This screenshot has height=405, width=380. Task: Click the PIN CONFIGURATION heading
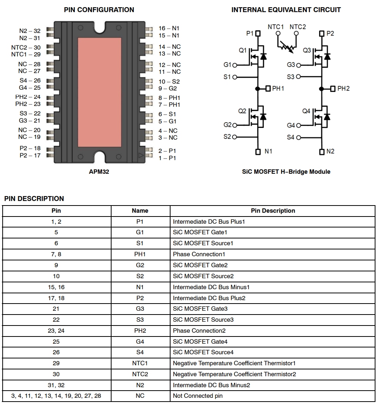[99, 10]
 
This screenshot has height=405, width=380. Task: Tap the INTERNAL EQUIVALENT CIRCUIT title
[286, 10]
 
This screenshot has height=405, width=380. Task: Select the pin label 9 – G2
[168, 89]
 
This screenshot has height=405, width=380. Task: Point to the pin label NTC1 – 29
[26, 55]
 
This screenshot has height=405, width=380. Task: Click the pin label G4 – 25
[30, 87]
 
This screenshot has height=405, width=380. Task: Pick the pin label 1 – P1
[167, 158]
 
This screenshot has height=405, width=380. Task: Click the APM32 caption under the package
[99, 172]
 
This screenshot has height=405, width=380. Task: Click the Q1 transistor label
[243, 50]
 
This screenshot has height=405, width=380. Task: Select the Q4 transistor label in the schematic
[306, 111]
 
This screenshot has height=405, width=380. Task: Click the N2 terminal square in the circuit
[322, 152]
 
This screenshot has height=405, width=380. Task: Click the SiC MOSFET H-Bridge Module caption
[286, 172]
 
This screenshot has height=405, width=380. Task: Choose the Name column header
[140, 211]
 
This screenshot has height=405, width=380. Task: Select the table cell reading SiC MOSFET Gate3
[200, 309]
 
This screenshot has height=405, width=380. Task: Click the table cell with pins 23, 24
[56, 331]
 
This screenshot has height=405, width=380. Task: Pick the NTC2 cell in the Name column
[140, 374]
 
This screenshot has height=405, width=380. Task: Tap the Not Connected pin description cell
[198, 396]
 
